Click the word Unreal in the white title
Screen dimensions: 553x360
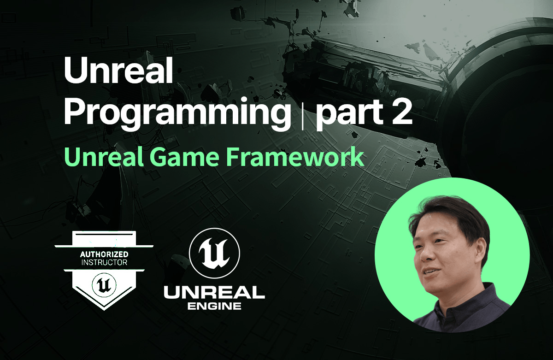(118, 71)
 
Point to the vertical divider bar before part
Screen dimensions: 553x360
(303, 115)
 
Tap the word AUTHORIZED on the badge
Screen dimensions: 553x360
(104, 254)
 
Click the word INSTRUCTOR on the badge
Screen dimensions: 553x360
(104, 262)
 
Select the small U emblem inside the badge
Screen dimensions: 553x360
(104, 285)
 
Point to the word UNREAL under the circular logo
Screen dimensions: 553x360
(214, 293)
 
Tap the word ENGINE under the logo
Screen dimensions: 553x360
(214, 307)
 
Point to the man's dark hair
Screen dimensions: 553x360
(452, 217)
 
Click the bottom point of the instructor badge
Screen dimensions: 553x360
(104, 310)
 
